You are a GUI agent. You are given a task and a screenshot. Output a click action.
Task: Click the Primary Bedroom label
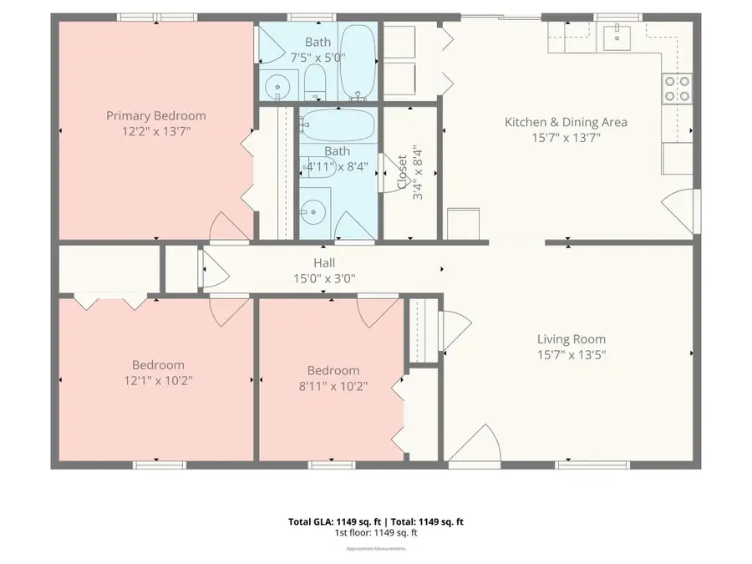[155, 116]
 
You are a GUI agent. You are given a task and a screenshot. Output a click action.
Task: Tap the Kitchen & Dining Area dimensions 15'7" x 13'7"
[566, 138]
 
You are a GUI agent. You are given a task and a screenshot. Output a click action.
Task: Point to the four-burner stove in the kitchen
[677, 87]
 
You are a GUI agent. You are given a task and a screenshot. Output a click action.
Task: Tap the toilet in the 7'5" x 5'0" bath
[315, 81]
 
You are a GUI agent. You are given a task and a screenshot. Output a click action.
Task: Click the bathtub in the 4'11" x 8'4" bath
[338, 126]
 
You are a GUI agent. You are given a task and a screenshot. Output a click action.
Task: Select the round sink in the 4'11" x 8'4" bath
[313, 211]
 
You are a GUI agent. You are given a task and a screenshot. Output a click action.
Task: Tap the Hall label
[324, 263]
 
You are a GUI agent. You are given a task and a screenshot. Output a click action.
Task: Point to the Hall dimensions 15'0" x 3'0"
[324, 279]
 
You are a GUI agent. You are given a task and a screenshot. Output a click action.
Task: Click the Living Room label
[571, 339]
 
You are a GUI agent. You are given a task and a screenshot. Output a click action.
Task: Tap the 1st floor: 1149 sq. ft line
[376, 533]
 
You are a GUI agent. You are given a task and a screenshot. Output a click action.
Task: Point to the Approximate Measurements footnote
[376, 549]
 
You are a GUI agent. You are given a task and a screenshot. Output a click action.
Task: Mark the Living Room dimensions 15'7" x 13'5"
[571, 354]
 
